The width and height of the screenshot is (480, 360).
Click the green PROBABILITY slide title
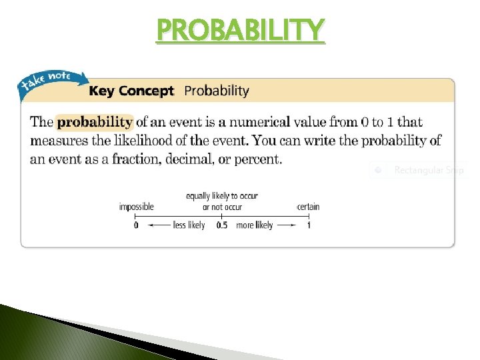(240, 29)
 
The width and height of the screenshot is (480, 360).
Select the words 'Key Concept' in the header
(131, 91)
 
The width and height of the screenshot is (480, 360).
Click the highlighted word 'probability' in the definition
(94, 122)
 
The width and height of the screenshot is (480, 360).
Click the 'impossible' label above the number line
(136, 207)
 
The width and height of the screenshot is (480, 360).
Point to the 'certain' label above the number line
(309, 207)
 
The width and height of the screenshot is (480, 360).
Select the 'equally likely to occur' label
(222, 196)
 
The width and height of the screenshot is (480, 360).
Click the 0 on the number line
(136, 225)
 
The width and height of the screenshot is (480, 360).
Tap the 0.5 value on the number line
(222, 225)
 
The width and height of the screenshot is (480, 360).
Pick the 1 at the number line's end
(309, 225)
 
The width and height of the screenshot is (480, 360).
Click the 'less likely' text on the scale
(189, 225)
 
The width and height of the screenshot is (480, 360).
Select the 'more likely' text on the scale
(255, 225)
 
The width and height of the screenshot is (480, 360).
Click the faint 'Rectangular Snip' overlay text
(428, 170)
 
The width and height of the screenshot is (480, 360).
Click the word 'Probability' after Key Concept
(216, 91)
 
